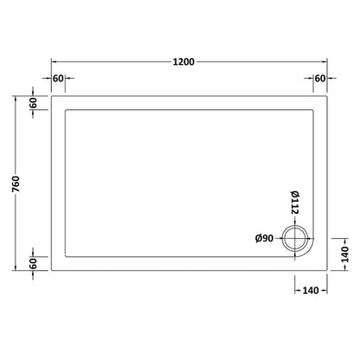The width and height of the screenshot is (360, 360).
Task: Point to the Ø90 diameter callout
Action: (x=264, y=239)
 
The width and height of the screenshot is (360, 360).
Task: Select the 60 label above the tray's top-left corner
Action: (x=59, y=79)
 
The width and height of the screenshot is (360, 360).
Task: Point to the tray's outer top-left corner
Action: (x=51, y=94)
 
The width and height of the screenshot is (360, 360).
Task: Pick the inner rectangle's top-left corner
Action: (x=66, y=109)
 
